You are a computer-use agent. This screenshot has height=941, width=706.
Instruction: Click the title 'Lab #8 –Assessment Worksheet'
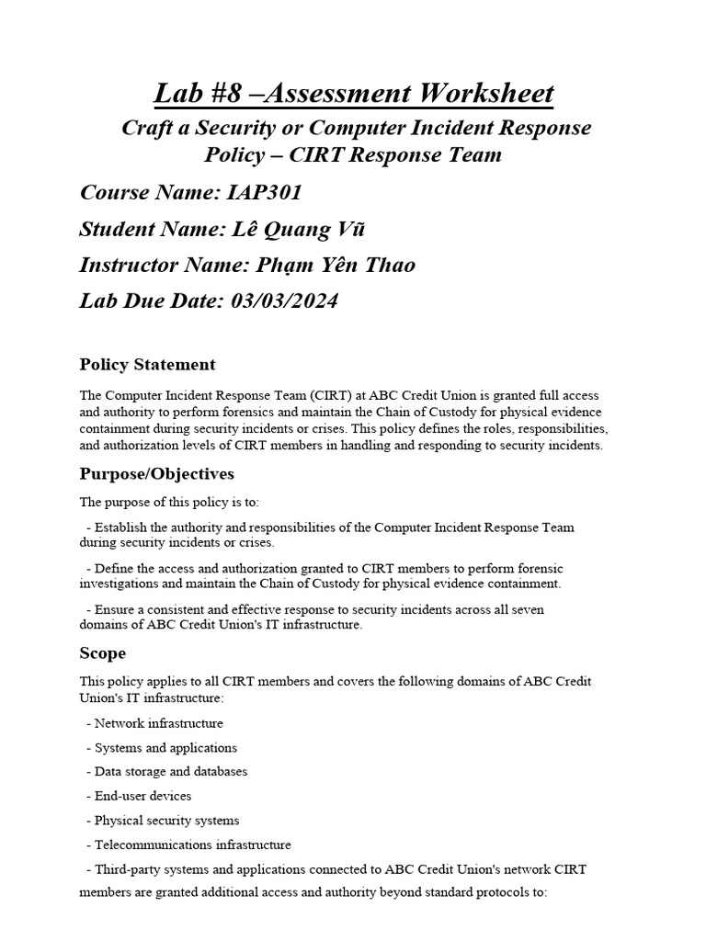click(353, 93)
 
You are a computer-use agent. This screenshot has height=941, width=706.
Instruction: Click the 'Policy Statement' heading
click(147, 365)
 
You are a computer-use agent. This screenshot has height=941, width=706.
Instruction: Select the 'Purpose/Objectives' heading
click(156, 474)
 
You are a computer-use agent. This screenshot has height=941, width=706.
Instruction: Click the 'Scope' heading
click(103, 653)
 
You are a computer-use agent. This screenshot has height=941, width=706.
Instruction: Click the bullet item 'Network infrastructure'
click(158, 723)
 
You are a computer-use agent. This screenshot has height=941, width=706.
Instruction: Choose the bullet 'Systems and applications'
click(165, 748)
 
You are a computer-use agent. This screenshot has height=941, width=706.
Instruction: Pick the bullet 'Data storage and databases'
click(170, 772)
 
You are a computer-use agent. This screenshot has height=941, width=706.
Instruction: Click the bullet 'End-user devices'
click(142, 796)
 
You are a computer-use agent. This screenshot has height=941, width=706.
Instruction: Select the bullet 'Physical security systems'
click(166, 820)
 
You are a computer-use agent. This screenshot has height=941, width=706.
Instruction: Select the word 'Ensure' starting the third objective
click(114, 609)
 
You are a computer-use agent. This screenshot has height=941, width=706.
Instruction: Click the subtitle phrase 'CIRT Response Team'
click(395, 153)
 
